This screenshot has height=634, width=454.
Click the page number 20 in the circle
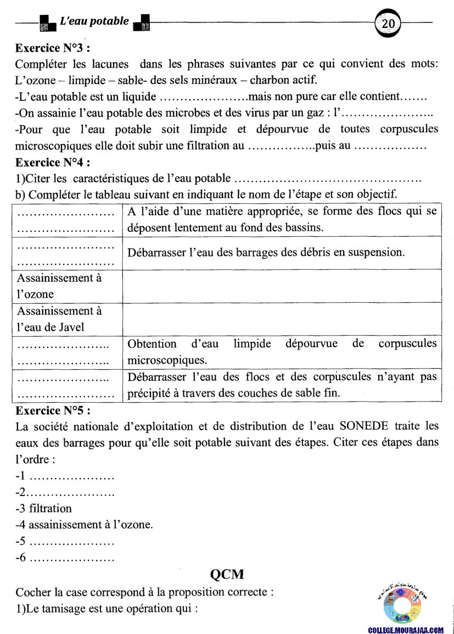coord(388,24)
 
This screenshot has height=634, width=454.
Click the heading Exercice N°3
coord(53,48)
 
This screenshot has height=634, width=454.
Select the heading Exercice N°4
coord(53,163)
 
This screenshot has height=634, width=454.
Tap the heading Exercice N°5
coord(53,410)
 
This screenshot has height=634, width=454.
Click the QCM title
coord(227,575)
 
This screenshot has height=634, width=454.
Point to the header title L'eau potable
coord(94,21)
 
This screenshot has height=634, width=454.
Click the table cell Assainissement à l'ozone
coord(59,286)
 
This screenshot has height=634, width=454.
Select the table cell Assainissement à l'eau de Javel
coord(59,319)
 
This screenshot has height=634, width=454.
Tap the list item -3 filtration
coord(44,508)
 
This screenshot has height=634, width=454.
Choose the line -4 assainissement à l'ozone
coord(85,525)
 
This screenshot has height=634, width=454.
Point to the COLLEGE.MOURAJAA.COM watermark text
coord(406,630)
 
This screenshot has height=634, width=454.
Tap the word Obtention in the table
coord(152,344)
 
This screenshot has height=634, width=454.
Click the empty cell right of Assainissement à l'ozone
coord(282,286)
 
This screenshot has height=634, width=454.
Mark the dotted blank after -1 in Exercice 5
coord(71,476)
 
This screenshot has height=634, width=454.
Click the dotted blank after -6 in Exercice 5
coord(71,558)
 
